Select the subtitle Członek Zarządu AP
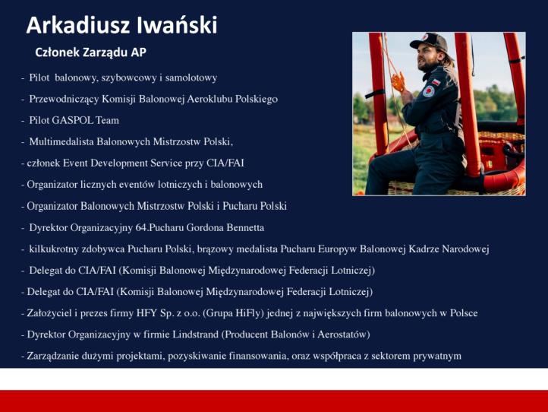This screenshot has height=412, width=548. (x=90, y=52)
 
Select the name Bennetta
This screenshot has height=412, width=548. (x=241, y=227)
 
